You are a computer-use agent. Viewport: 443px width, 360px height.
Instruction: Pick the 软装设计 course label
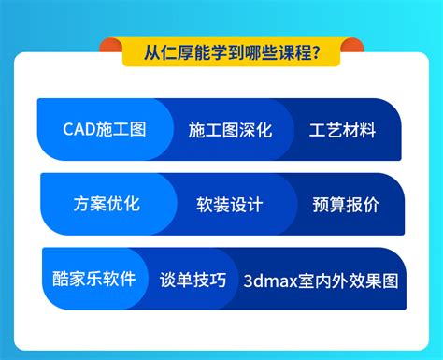(x=230, y=204)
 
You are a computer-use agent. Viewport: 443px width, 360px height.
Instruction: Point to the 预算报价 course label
(x=345, y=204)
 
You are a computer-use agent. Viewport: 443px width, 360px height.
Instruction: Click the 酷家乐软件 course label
(x=94, y=279)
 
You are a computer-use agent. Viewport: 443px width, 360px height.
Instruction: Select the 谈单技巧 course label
(x=193, y=280)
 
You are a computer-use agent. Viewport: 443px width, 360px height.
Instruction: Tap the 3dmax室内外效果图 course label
(x=321, y=280)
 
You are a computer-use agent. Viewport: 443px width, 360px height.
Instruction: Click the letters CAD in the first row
(x=79, y=129)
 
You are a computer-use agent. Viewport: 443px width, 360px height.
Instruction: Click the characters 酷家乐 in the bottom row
(x=81, y=279)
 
